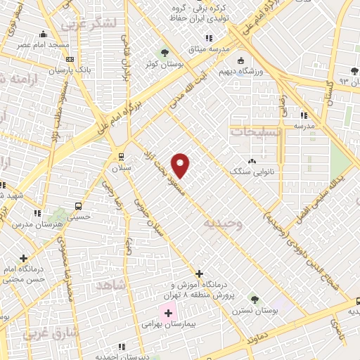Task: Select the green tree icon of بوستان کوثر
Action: (165, 52)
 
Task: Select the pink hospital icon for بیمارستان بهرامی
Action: (168, 312)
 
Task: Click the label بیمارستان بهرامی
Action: (161, 325)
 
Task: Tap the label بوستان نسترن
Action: (254, 310)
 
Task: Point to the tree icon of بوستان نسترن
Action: (255, 299)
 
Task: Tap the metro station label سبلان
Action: (120, 169)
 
